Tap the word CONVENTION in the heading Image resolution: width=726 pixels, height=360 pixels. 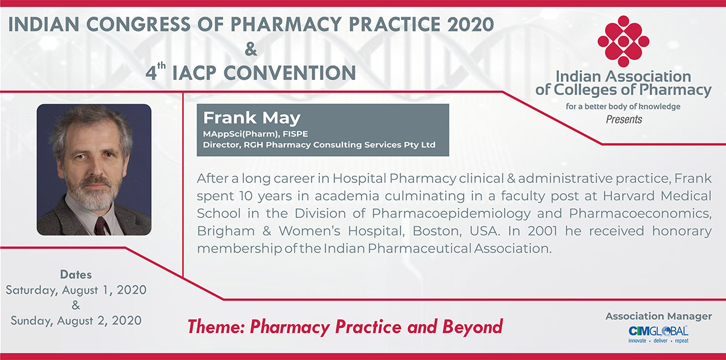(x=290, y=73)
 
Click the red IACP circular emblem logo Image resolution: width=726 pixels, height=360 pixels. (x=623, y=41)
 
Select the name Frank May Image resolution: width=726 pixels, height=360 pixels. (x=252, y=118)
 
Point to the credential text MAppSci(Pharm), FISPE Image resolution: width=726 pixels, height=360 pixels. (x=255, y=134)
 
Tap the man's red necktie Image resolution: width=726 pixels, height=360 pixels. (x=102, y=226)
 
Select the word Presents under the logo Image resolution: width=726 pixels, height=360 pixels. (x=624, y=120)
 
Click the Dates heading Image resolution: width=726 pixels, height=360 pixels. (x=76, y=275)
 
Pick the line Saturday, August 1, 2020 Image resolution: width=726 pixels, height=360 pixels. (x=76, y=290)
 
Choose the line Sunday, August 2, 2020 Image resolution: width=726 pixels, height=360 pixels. (x=76, y=321)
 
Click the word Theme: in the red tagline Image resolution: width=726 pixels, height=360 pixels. (x=216, y=327)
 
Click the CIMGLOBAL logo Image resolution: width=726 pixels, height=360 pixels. (x=658, y=335)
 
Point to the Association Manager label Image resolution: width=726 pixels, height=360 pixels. (x=659, y=316)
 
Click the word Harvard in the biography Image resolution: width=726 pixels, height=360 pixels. (x=629, y=196)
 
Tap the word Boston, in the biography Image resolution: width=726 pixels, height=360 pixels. (x=433, y=231)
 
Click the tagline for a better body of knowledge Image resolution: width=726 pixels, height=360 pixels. (x=623, y=106)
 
